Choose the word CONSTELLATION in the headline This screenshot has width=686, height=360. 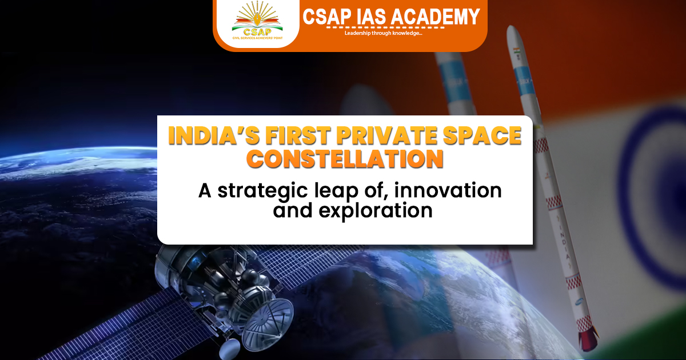tap(348, 158)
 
